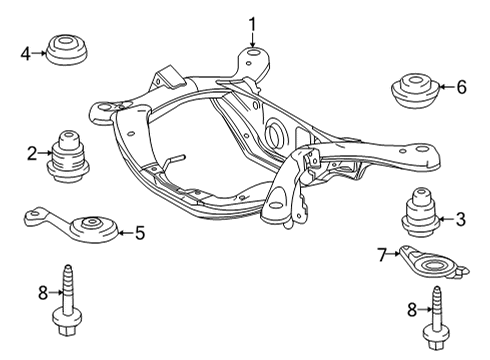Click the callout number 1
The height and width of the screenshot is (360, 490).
(252, 25)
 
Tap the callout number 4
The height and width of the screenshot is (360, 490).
(26, 54)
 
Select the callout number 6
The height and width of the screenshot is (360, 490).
(462, 87)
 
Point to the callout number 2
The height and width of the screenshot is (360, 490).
(32, 154)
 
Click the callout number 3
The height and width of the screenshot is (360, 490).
(461, 220)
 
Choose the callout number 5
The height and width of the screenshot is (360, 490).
(140, 233)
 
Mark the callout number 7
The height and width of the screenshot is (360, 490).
(382, 255)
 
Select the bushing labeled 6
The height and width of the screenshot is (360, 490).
(414, 92)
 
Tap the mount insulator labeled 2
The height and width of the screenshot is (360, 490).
(68, 157)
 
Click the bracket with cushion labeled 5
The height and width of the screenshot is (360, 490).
(71, 225)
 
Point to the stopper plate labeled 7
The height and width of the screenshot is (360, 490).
(433, 263)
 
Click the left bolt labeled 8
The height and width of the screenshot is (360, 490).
(68, 300)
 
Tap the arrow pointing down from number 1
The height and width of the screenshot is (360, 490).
(252, 40)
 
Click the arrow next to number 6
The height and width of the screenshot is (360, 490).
(447, 87)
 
